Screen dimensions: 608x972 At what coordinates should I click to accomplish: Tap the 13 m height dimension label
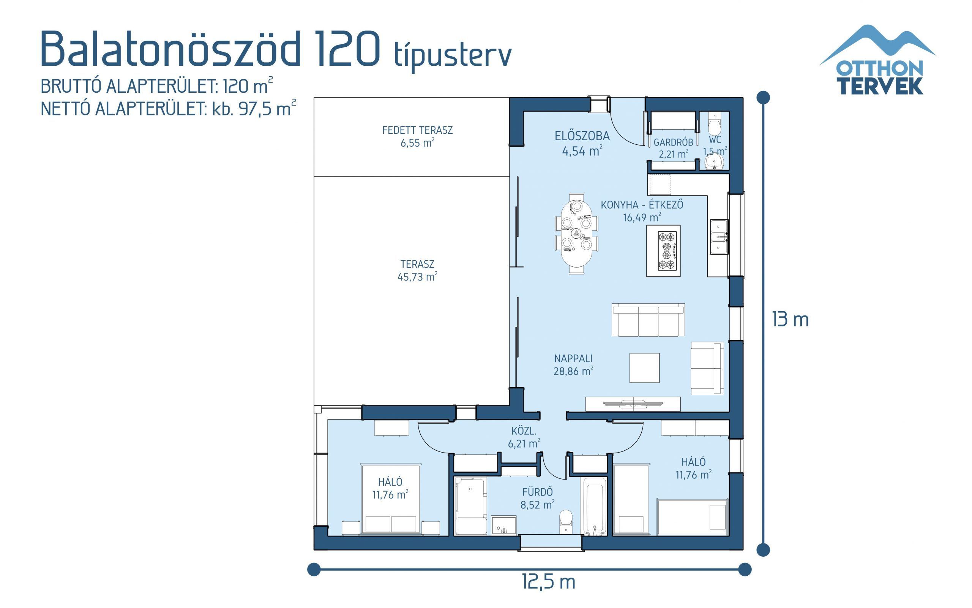(790, 320)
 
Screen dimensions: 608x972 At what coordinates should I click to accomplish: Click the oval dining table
(576, 233)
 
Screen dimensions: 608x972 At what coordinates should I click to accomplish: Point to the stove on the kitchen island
(667, 250)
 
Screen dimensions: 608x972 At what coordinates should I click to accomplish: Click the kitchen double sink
(719, 237)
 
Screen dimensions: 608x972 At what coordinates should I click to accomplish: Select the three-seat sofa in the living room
(648, 320)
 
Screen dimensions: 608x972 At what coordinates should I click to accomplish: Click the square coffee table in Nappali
(644, 367)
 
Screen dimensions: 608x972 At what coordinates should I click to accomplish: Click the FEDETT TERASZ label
(417, 130)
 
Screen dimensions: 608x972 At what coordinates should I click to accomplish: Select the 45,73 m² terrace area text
(417, 277)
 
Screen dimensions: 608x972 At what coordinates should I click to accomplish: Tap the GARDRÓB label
(673, 142)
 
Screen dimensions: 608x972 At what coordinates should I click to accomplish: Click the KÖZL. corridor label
(524, 431)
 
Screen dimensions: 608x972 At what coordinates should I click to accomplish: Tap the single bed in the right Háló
(692, 518)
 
